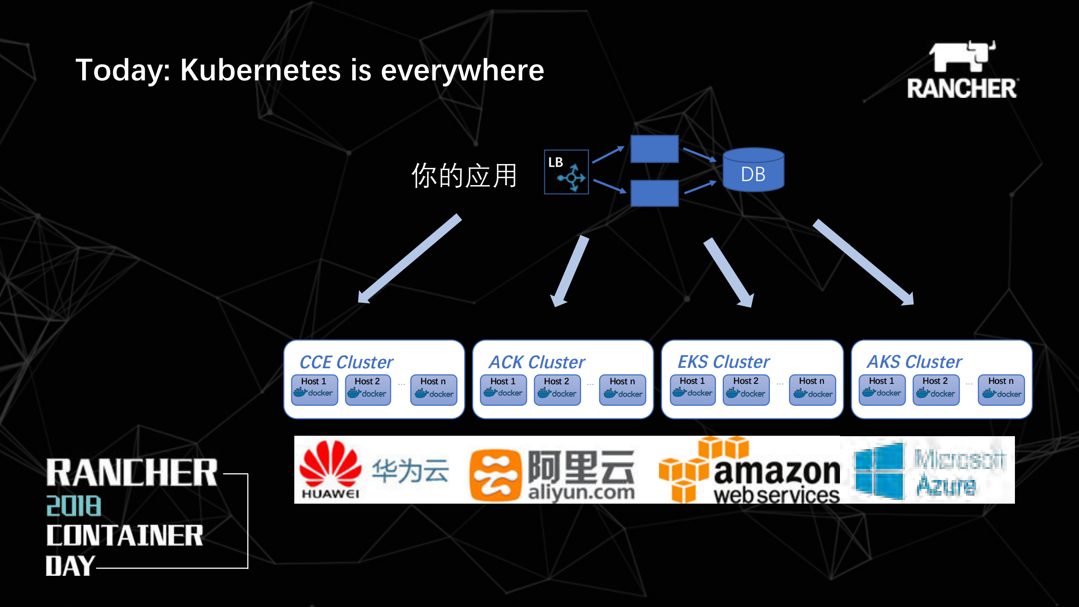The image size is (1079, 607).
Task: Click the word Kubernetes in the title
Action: click(x=260, y=70)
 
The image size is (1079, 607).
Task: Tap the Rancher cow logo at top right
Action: click(x=962, y=57)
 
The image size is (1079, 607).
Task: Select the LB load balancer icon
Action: click(x=566, y=172)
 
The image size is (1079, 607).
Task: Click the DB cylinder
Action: click(x=753, y=170)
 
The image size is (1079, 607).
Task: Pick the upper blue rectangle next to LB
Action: click(x=654, y=148)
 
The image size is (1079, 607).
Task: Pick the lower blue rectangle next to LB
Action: click(x=654, y=193)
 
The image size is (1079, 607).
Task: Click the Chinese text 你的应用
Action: click(x=464, y=175)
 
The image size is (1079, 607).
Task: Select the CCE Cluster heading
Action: click(x=346, y=362)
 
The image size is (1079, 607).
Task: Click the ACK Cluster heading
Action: click(x=537, y=362)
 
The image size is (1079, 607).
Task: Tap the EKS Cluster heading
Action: click(x=724, y=362)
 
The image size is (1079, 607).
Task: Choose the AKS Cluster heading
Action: click(x=914, y=362)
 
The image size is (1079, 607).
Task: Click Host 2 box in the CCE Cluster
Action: click(x=368, y=390)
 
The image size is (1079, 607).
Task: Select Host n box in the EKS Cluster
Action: click(x=812, y=390)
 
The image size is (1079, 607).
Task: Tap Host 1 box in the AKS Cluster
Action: click(x=882, y=390)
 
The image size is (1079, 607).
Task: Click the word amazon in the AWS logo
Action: click(x=777, y=472)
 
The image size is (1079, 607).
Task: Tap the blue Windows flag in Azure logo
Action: click(x=880, y=470)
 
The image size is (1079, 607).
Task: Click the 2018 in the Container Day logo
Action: click(x=74, y=506)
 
